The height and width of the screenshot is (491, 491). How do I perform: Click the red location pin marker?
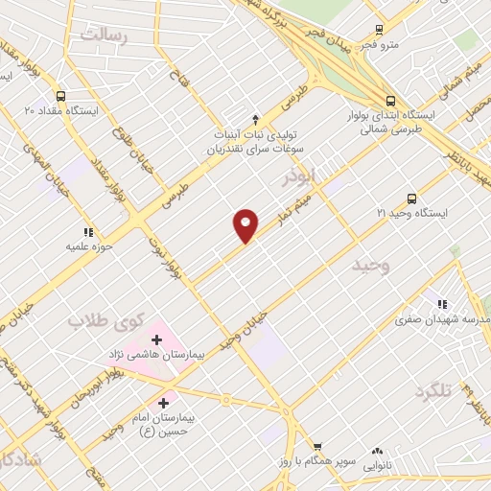[246, 224]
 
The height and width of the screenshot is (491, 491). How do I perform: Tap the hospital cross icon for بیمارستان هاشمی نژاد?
[156, 340]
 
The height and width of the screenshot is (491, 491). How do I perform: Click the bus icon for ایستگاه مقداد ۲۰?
[61, 96]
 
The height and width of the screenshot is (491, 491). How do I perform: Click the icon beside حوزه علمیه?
[87, 232]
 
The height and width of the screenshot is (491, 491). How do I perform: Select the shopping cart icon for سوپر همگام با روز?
[317, 446]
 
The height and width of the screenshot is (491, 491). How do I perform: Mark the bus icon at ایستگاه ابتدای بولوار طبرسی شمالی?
[390, 100]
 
